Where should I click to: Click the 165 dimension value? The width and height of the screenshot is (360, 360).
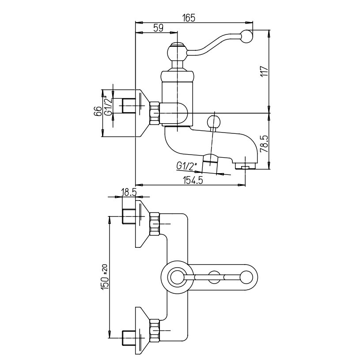click(189, 18)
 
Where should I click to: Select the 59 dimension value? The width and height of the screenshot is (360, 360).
click(158, 27)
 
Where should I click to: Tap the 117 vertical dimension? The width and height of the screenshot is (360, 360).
click(264, 71)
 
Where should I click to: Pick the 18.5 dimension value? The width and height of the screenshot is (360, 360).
click(129, 193)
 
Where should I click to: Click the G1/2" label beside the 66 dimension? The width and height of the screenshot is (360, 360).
click(108, 106)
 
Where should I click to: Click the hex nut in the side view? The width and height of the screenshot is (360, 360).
click(154, 113)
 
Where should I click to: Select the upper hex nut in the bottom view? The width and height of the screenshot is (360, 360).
click(154, 223)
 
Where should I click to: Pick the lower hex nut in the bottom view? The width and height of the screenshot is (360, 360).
click(154, 330)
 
